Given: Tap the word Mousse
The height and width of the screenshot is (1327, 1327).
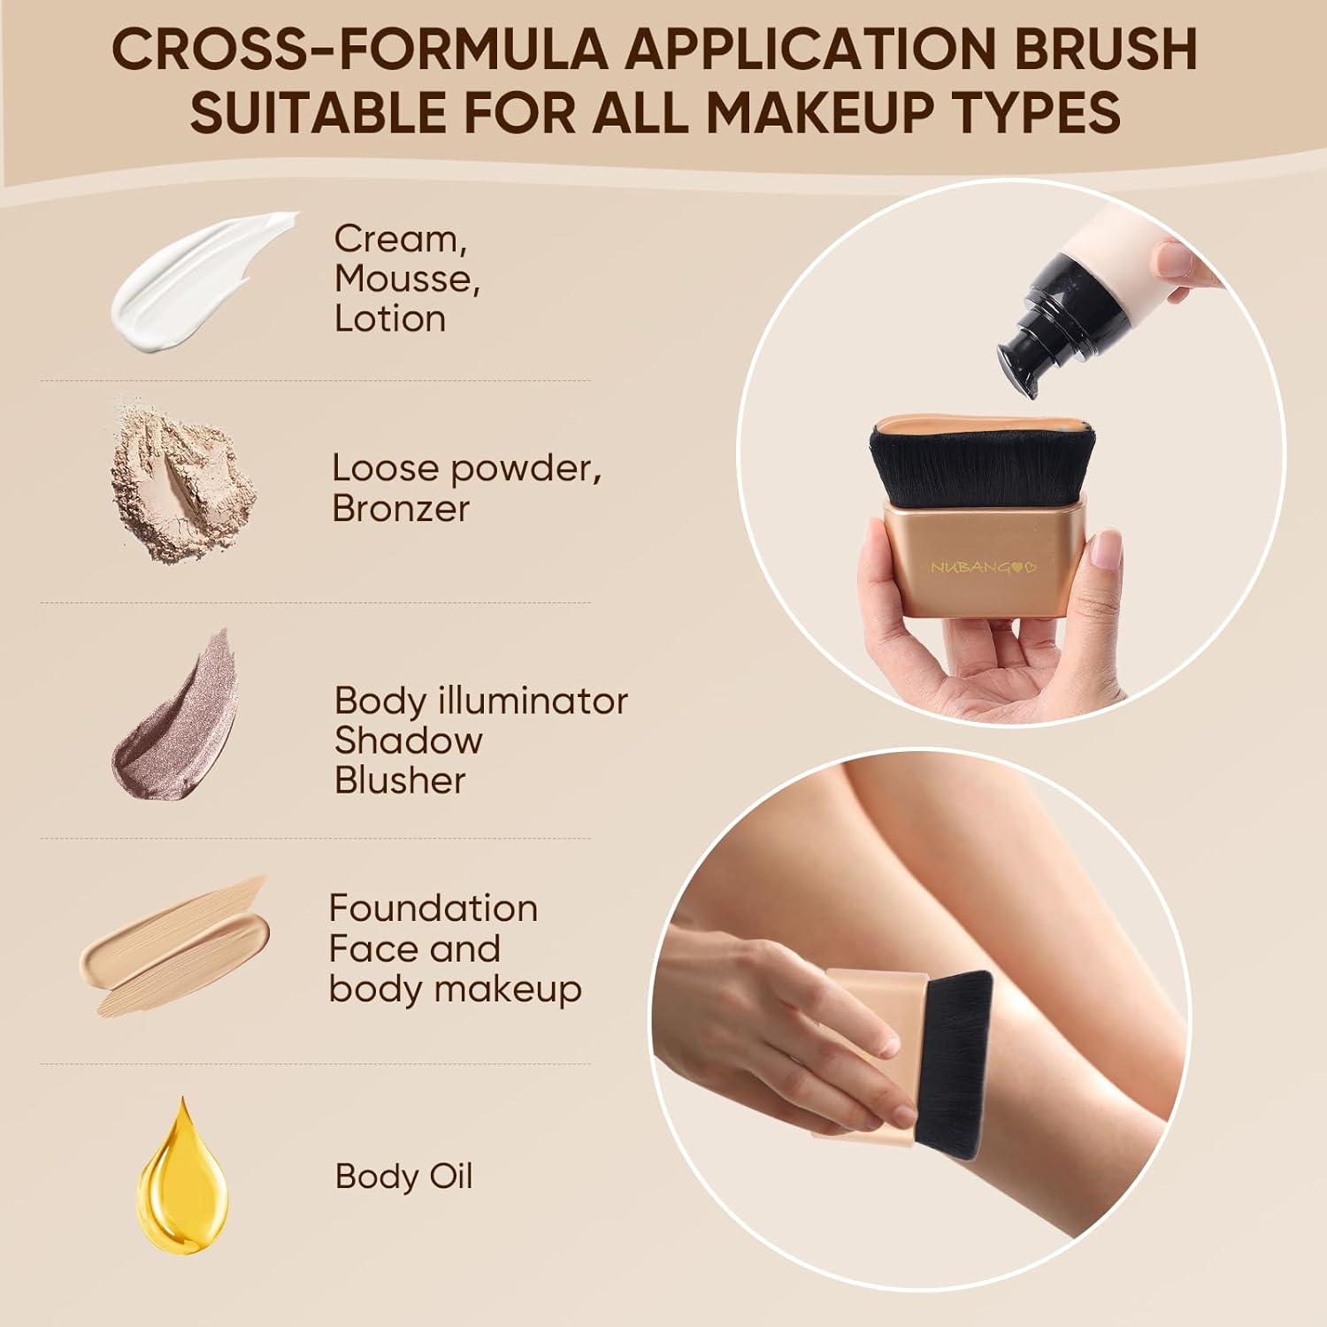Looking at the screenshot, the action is coord(407,279).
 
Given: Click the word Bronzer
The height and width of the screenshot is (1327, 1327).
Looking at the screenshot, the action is coord(401,508).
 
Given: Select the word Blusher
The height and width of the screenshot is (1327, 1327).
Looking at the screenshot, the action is coord(400,780).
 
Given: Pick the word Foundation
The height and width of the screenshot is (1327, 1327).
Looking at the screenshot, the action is coord(433,909).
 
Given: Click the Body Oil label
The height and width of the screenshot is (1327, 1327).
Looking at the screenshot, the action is coord(404,1177).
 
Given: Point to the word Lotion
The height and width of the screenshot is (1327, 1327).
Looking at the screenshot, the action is coord(390,318).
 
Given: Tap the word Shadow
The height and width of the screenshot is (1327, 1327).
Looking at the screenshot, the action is coord(409,740).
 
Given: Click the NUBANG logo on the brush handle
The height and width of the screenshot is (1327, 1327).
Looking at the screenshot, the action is coord(982,567).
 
